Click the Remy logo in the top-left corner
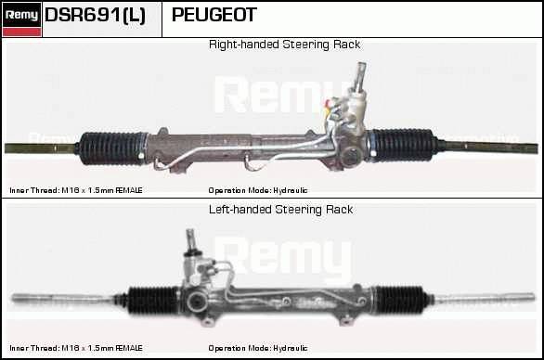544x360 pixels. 21,19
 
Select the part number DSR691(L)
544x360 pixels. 95,15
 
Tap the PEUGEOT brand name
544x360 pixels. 214,15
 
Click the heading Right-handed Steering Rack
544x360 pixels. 284,45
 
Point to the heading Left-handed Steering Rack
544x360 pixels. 280,210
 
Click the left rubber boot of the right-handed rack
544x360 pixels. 111,148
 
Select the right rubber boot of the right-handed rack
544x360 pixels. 403,145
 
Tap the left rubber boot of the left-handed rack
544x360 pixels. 151,301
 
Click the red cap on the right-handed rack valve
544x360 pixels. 328,103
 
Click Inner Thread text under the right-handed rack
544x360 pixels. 76,190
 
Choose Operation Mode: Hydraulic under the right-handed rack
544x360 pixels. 258,190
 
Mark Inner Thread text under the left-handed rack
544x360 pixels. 76,348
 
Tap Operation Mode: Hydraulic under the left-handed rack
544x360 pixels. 258,348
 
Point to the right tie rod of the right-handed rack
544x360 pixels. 488,148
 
